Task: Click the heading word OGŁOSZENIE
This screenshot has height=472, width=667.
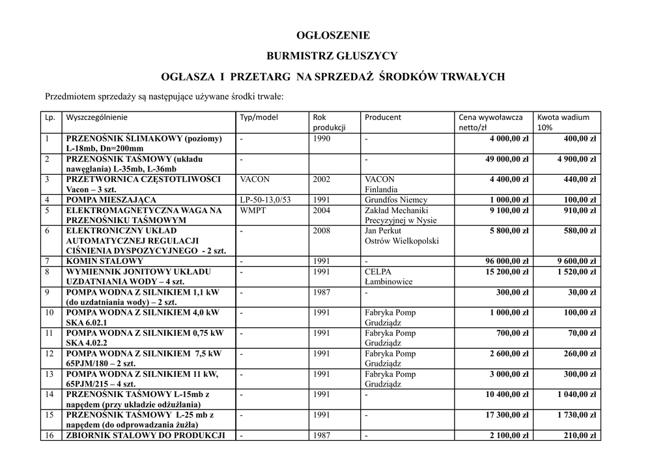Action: [333, 35]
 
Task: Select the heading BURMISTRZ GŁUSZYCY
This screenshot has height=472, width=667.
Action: [332, 56]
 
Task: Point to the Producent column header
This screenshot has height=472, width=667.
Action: [383, 117]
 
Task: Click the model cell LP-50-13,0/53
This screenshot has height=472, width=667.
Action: [265, 200]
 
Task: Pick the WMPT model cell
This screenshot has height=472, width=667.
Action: [253, 211]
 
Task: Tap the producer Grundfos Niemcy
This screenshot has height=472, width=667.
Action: [396, 200]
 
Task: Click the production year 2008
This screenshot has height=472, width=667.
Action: [322, 231]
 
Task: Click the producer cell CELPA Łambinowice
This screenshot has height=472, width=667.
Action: [390, 276]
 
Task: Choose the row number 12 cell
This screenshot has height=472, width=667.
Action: [49, 354]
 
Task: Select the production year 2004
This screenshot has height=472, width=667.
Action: [322, 211]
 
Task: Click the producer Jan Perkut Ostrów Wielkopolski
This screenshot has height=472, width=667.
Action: [401, 236]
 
